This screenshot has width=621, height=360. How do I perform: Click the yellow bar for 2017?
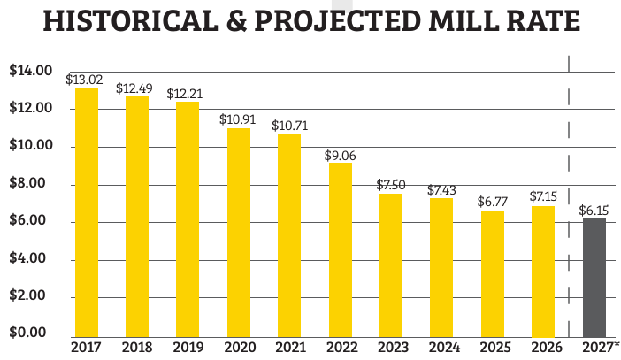[86, 211]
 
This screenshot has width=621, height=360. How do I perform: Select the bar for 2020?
[239, 231]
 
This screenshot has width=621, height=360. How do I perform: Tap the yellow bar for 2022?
[341, 248]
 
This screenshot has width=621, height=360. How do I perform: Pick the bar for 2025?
[493, 272]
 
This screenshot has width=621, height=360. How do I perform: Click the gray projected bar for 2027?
[594, 276]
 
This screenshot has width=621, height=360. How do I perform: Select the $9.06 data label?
[341, 155]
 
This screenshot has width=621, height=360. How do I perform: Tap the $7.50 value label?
[391, 185]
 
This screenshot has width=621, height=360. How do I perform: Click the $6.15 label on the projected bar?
[594, 211]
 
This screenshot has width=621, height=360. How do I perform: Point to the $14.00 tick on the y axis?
[29, 71]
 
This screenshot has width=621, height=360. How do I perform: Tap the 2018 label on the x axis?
[136, 348]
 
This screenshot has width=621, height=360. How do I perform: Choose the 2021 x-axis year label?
[288, 348]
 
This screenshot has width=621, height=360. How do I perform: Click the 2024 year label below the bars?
[441, 348]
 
